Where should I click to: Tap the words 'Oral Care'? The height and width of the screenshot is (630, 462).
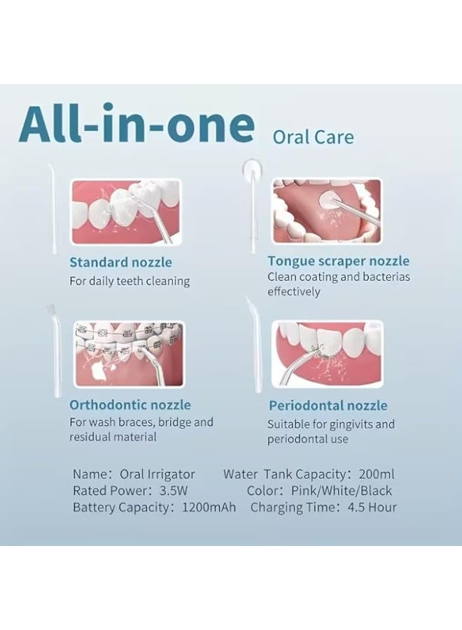tap(313, 137)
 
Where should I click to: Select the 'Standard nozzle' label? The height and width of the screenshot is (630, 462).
tap(120, 262)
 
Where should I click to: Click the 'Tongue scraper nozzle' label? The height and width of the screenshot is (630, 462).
tap(339, 261)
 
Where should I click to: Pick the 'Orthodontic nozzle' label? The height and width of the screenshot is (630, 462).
tap(130, 405)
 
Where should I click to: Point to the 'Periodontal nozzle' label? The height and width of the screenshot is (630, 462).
tap(328, 405)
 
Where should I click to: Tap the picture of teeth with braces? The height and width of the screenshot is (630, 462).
tap(129, 354)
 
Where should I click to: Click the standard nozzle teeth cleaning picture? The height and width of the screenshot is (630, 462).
tap(126, 211)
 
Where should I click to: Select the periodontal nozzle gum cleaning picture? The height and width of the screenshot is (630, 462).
tap(327, 353)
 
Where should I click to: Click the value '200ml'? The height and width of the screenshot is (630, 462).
tap(377, 474)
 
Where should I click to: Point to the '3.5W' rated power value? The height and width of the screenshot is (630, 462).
tap(173, 491)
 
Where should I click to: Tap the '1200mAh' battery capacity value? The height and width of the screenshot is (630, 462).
tap(209, 507)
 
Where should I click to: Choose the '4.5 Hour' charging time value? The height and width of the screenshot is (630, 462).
tap(372, 507)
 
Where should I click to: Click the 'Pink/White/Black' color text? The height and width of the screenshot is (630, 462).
tap(342, 491)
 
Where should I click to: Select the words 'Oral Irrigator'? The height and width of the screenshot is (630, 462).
tap(157, 475)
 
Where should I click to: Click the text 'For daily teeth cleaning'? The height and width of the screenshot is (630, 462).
tap(129, 281)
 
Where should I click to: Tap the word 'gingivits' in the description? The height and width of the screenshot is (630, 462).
tap(352, 425)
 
